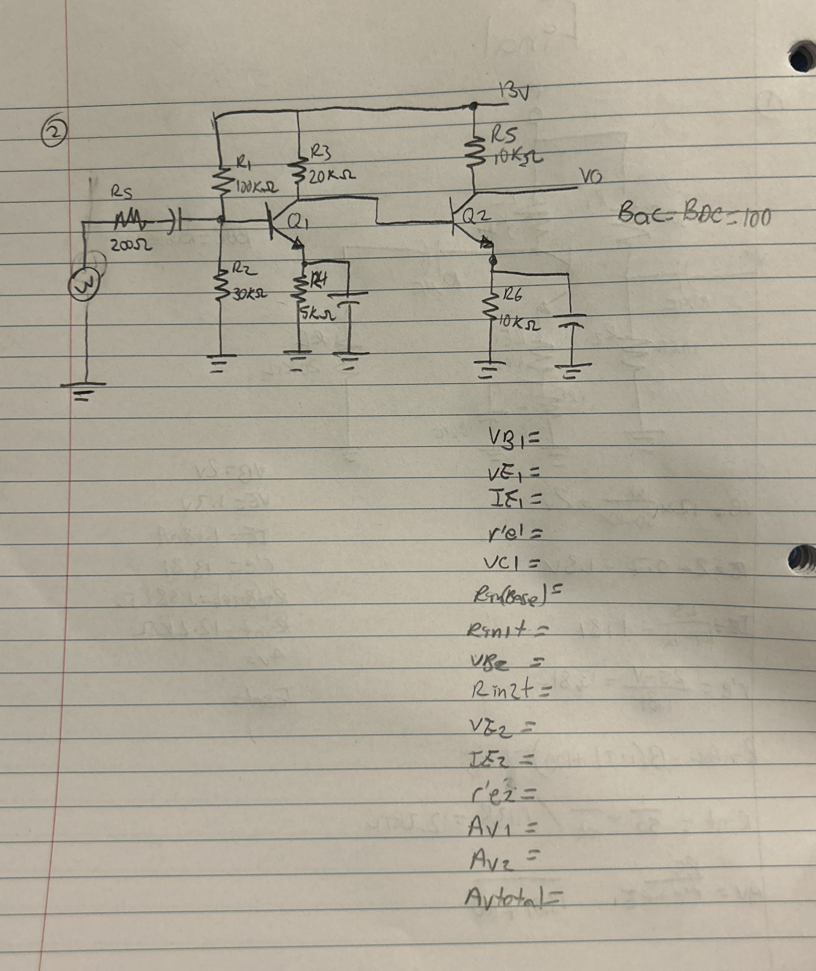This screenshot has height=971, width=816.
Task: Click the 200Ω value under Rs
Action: click(x=131, y=246)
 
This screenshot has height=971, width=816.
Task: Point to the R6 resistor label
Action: click(x=512, y=294)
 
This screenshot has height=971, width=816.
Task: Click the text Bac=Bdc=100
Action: click(x=694, y=215)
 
